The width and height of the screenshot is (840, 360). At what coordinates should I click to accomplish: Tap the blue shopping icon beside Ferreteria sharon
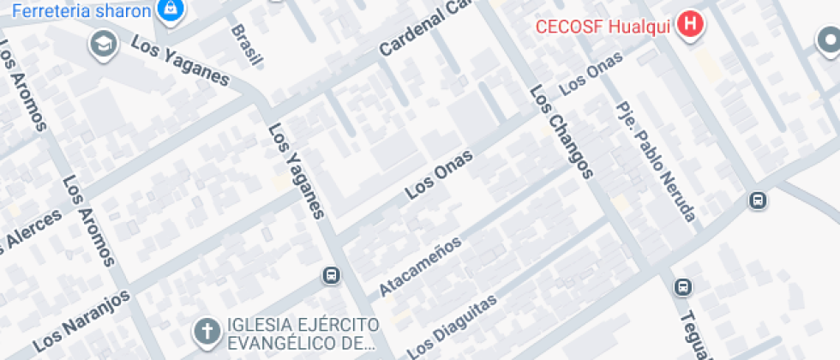tap(171, 9)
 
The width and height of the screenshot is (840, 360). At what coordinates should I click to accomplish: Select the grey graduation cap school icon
tap(103, 43)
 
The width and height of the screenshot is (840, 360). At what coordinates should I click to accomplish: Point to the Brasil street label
tap(246, 45)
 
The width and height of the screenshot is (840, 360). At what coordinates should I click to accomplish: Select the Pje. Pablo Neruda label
tap(656, 161)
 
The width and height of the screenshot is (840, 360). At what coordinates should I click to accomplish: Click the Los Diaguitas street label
tap(452, 327)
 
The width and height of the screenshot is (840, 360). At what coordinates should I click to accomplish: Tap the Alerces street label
tap(31, 231)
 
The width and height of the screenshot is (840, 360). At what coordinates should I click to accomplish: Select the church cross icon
tap(207, 331)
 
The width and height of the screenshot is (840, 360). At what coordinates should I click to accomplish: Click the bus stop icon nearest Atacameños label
tap(331, 276)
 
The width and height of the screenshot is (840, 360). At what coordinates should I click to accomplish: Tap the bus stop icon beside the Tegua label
tap(682, 287)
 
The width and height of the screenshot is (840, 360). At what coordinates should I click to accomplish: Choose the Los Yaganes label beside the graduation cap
tap(181, 63)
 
